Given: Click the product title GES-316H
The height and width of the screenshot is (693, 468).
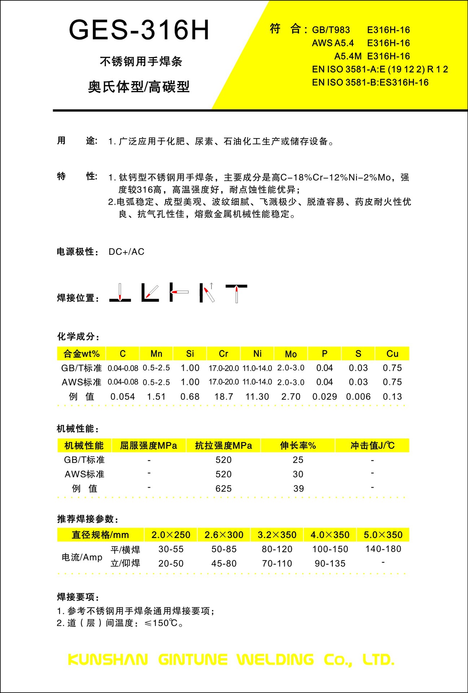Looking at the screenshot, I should pos(139,30).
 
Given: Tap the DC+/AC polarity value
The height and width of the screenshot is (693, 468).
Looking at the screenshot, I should pos(126,252).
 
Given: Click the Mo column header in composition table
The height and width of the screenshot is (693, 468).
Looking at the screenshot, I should pos(291,354).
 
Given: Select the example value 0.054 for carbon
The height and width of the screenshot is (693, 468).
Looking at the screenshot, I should pos(123,397).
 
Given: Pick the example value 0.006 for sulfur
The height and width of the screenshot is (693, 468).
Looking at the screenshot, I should pos(358,397).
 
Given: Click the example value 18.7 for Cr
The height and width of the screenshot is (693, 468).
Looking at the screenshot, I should pos(224,397).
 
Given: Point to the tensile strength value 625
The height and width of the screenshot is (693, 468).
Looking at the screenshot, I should pos(223,489).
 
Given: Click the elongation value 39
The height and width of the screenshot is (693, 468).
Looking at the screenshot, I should pos(298,489).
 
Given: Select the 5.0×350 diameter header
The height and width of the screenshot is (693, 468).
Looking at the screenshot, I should pos(383,535).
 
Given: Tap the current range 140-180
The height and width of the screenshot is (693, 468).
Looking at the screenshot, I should pos(383,549).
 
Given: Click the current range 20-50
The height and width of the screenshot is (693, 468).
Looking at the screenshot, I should pos(171,563).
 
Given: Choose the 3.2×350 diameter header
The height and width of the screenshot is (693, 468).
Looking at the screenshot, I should pos(277,535).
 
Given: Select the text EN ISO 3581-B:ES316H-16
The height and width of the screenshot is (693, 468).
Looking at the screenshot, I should pos(370,83).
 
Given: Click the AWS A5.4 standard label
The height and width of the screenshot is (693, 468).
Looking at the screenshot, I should pos(333,43).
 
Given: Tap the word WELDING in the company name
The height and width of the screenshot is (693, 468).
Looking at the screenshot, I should pos(275,660).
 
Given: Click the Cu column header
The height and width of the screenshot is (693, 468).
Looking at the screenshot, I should pos(392,354).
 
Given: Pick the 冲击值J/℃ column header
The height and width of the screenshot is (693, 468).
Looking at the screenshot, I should pos(372,446).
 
